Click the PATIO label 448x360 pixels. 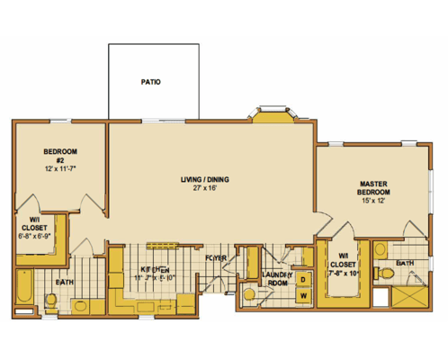click(x=150, y=82)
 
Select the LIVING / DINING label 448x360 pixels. click(x=204, y=180)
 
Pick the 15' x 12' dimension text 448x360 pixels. click(x=372, y=202)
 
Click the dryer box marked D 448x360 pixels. click(x=303, y=279)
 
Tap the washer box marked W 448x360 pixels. click(x=303, y=296)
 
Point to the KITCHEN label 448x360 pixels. click(x=154, y=269)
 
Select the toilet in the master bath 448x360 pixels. click(x=384, y=271)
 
